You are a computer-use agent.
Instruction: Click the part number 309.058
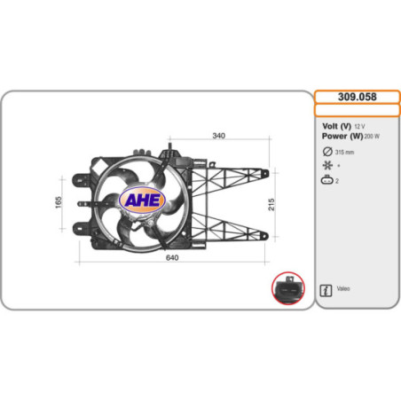pos(358,96)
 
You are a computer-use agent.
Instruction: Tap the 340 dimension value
pos(217,136)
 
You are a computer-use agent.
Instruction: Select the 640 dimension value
pos(173,257)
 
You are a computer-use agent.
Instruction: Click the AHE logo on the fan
pos(142,200)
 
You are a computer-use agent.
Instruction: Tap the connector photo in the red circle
pos(287,288)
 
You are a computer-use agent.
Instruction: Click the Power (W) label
pos(342,138)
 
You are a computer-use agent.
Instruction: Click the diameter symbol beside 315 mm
pos(326,151)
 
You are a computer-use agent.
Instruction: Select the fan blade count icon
pos(326,165)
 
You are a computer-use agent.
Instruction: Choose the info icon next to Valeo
pos(326,290)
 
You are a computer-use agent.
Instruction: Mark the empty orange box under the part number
pos(358,111)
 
